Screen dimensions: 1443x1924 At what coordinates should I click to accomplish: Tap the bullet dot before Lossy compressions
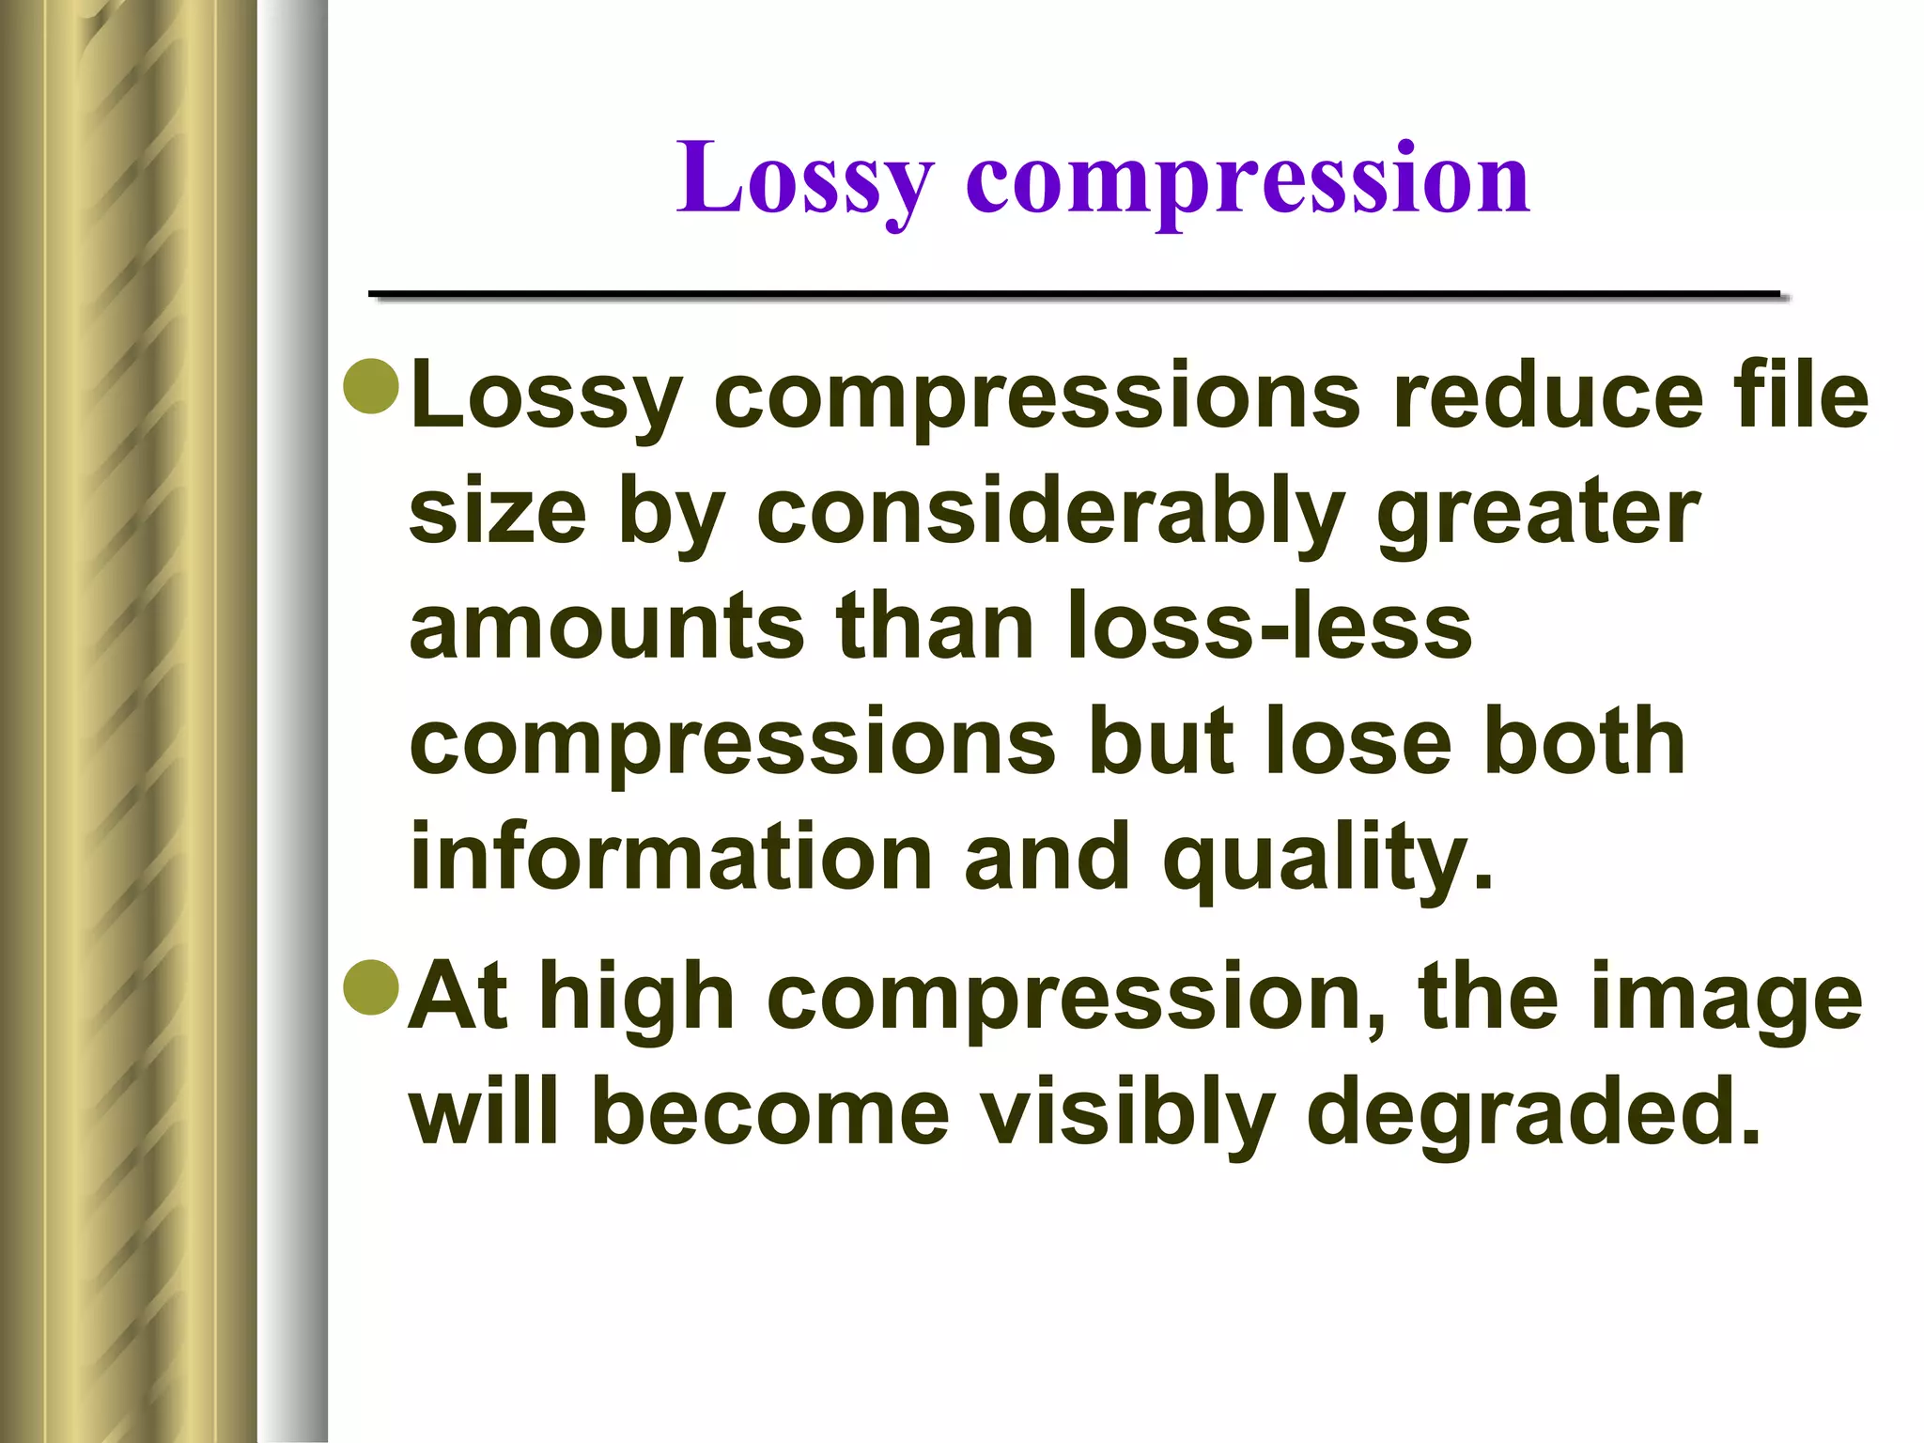click(x=372, y=386)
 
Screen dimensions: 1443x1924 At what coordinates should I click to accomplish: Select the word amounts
click(x=607, y=628)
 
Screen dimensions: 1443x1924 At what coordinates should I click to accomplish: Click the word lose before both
click(x=1358, y=742)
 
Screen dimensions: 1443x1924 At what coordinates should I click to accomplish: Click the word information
click(x=671, y=857)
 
